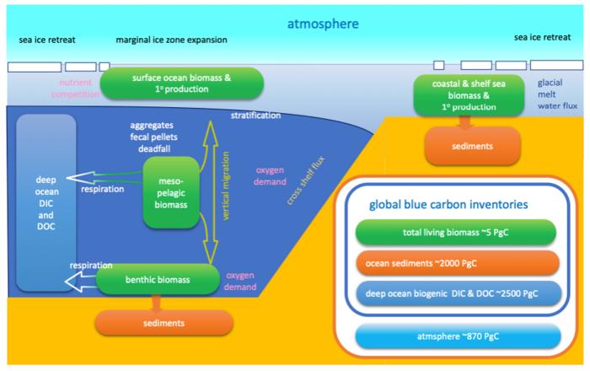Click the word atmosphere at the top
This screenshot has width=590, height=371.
(x=323, y=24)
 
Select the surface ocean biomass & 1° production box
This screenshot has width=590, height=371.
(x=182, y=83)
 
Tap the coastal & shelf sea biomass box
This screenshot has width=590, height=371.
(x=469, y=95)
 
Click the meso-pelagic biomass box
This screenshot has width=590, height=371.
(x=171, y=192)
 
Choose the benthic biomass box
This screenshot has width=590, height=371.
(x=158, y=280)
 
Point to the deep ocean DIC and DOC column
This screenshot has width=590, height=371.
(x=46, y=203)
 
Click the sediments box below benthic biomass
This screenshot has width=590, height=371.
(x=164, y=323)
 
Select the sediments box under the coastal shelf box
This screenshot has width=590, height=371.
(x=473, y=146)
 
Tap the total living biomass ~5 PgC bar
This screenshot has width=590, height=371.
(x=456, y=232)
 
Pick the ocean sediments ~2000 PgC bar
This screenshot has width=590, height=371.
(x=457, y=263)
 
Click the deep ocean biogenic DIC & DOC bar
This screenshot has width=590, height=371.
(x=459, y=293)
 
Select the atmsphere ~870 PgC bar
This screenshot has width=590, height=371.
(x=458, y=336)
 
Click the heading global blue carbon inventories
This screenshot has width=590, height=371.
(x=448, y=204)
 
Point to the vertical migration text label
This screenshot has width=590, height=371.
(x=226, y=185)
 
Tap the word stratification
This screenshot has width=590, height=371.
(x=256, y=116)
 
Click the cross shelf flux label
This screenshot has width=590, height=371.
(x=305, y=180)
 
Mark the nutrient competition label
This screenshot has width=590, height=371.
(x=76, y=89)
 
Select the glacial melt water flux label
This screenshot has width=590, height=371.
(x=557, y=94)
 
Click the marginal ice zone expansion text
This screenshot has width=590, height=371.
(x=172, y=40)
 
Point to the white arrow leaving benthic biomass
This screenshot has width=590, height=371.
(x=81, y=282)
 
